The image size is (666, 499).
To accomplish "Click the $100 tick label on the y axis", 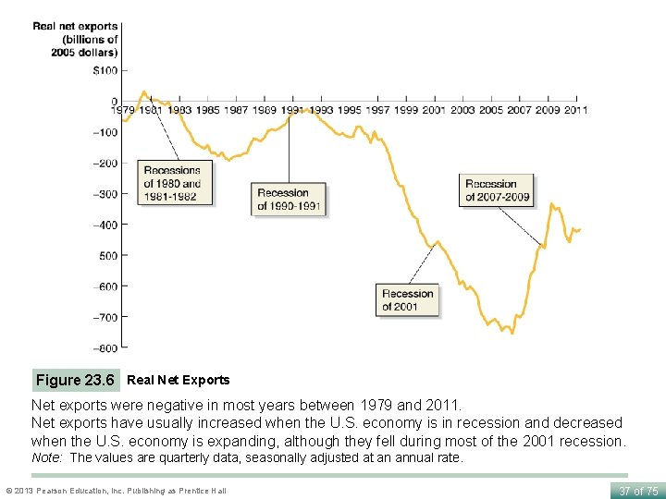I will click(x=105, y=71).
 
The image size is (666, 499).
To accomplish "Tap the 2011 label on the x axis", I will click(x=575, y=110).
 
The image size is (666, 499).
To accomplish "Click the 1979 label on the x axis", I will click(x=123, y=110).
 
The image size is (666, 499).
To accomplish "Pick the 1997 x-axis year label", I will click(x=377, y=110).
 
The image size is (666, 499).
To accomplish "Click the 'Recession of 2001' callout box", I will click(x=407, y=299).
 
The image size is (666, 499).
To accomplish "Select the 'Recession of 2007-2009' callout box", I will click(x=498, y=189).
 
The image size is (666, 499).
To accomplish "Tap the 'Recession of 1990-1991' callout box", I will click(x=289, y=199).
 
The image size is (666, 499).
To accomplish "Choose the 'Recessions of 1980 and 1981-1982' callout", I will click(x=175, y=183).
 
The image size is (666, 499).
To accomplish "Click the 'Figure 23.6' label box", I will click(x=75, y=380).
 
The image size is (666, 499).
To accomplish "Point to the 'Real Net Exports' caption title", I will click(x=178, y=380).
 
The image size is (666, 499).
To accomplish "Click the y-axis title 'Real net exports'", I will click(x=75, y=39).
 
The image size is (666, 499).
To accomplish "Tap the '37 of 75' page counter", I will click(x=637, y=491).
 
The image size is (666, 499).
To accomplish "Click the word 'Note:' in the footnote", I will click(x=48, y=457).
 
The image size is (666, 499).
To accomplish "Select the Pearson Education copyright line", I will click(x=115, y=491).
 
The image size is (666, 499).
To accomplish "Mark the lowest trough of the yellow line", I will click(x=512, y=332).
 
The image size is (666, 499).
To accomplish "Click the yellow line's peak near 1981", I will click(x=144, y=91).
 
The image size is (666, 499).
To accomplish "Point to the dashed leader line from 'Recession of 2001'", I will click(x=421, y=262).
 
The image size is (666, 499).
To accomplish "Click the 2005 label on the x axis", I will click(x=490, y=110).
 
